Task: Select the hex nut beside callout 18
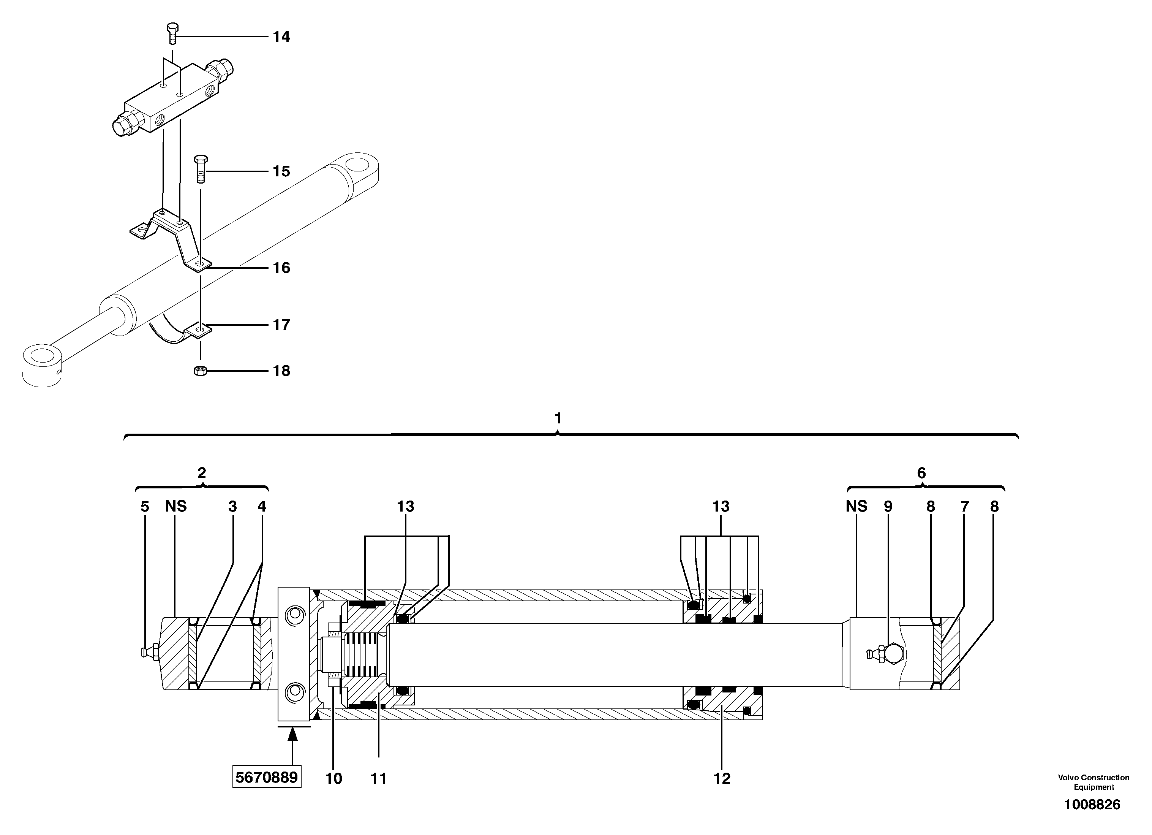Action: point(200,371)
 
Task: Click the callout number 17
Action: point(281,325)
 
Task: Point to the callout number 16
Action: point(281,268)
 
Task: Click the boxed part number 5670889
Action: point(267,778)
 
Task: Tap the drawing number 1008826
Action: point(1092,805)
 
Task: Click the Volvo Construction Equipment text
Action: point(1094,782)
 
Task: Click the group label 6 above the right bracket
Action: point(921,473)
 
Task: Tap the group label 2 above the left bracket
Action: point(202,473)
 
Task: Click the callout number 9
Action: point(888,506)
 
